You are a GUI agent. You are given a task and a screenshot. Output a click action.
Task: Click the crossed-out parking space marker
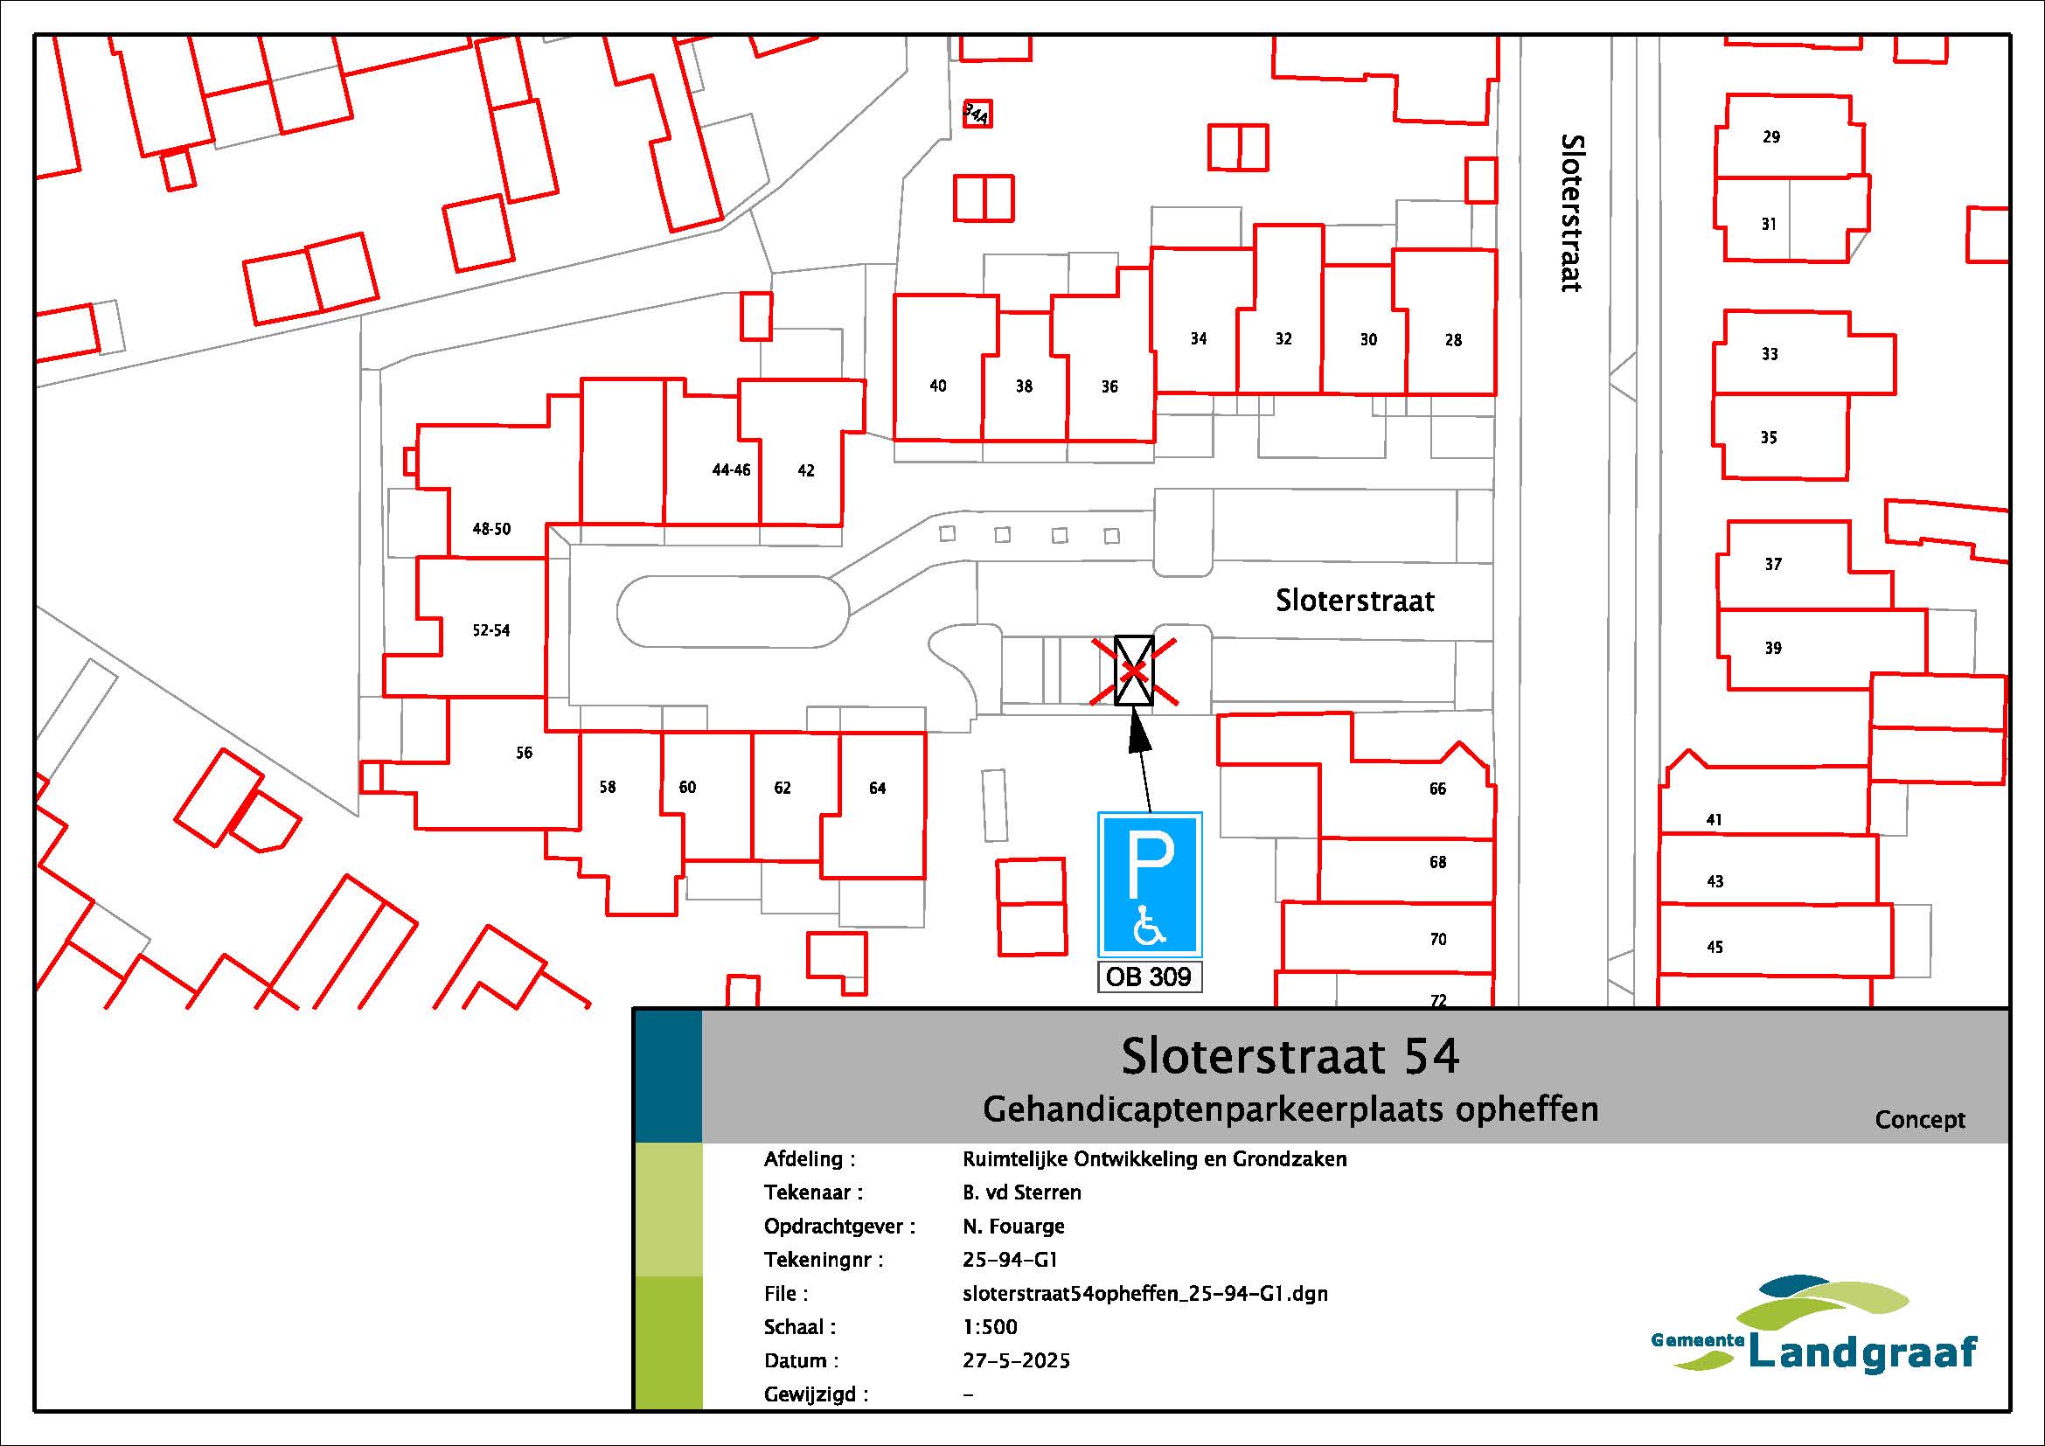pyautogui.click(x=1135, y=671)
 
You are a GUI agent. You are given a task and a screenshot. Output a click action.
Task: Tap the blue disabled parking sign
pyautogui.click(x=1150, y=885)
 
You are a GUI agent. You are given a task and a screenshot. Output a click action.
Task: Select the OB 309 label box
pyautogui.click(x=1149, y=977)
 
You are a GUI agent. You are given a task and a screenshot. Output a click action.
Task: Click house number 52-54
pyautogui.click(x=490, y=630)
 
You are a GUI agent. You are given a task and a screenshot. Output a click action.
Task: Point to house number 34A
pyautogui.click(x=977, y=113)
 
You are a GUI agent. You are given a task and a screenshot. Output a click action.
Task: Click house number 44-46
pyautogui.click(x=731, y=470)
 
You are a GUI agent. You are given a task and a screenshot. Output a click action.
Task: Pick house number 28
pyautogui.click(x=1453, y=340)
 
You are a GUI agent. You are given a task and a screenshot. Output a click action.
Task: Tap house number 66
pyautogui.click(x=1437, y=789)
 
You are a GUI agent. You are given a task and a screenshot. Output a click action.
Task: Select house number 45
pyautogui.click(x=1715, y=948)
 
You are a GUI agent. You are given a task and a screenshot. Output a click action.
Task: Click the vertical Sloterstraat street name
pyautogui.click(x=1572, y=212)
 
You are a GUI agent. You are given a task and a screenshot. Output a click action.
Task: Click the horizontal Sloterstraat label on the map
pyautogui.click(x=1354, y=601)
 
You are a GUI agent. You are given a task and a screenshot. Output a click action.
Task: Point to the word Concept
pyautogui.click(x=1919, y=1120)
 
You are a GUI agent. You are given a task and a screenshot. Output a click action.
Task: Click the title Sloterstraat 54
pyautogui.click(x=1290, y=1057)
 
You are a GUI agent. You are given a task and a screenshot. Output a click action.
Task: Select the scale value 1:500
pyautogui.click(x=990, y=1328)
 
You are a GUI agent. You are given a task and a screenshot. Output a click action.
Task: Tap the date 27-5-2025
pyautogui.click(x=1016, y=1361)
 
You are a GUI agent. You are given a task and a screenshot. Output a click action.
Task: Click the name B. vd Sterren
pyautogui.click(x=1021, y=1192)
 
